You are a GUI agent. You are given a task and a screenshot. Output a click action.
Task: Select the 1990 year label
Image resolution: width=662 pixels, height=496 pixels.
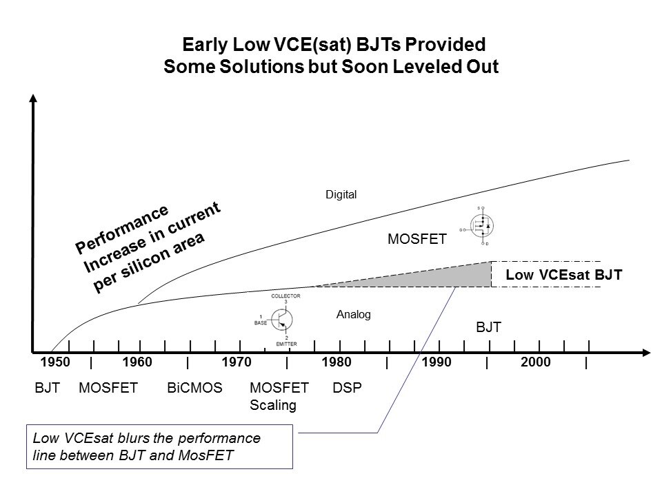[436, 363]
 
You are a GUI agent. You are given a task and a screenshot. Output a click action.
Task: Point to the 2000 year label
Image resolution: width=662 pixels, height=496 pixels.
[536, 363]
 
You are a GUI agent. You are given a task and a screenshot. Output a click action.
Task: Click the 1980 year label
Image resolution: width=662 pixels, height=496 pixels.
[337, 363]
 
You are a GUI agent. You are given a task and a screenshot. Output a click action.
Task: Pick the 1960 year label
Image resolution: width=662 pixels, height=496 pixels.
[137, 363]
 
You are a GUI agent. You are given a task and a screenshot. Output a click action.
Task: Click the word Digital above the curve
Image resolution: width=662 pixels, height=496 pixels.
[341, 195]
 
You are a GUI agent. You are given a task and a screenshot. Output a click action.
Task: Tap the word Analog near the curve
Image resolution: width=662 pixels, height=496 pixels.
[354, 315]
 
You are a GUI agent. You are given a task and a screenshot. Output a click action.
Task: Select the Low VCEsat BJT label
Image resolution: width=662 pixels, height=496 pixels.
[563, 275]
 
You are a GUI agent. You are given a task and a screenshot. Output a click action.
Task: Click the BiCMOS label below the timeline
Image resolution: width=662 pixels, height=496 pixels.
[194, 388]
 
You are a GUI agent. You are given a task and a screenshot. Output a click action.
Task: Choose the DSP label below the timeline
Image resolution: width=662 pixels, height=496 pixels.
[347, 388]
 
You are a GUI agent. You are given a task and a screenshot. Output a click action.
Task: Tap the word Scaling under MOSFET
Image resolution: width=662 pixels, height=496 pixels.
[272, 405]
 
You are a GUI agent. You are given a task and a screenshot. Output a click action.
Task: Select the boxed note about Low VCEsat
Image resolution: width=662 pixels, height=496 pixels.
[160, 447]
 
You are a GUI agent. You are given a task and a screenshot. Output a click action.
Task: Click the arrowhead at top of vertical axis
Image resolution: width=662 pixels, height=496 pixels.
[33, 99]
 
